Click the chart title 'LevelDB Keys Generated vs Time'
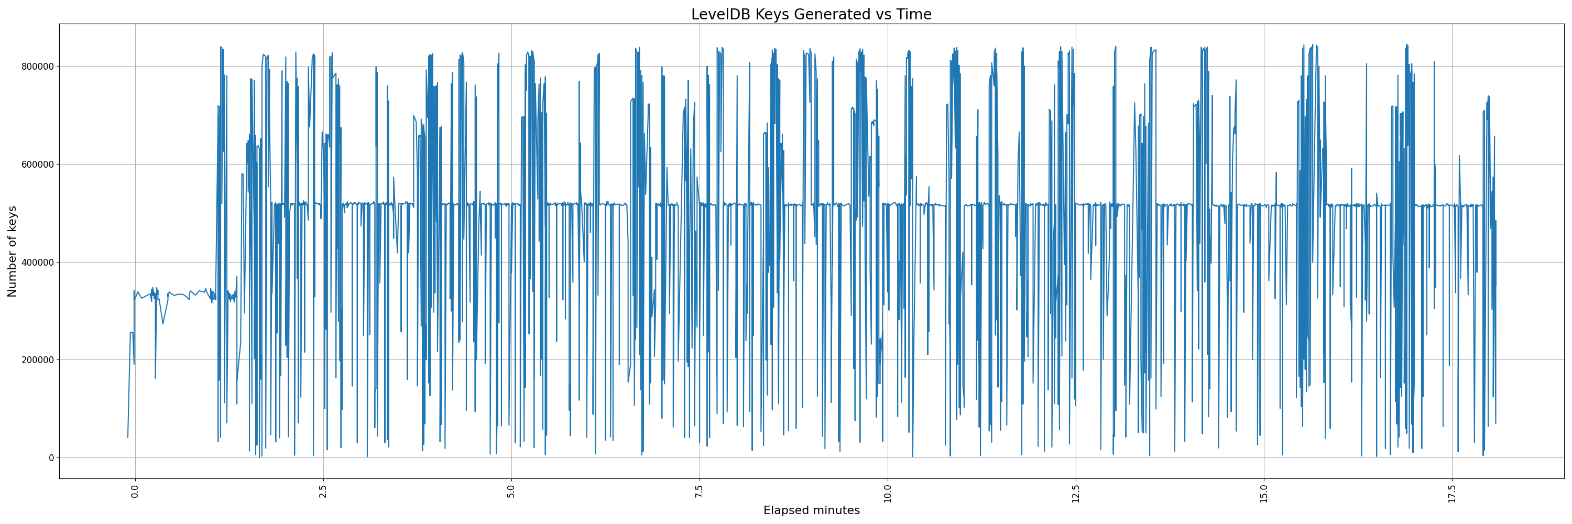pyautogui.click(x=811, y=15)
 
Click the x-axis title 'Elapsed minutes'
pyautogui.click(x=811, y=510)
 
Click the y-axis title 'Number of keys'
pyautogui.click(x=12, y=252)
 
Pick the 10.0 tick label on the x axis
pyautogui.click(x=887, y=492)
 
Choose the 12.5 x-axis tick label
pyautogui.click(x=1075, y=492)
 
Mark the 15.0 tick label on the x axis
pyautogui.click(x=1263, y=492)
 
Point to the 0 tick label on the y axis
pyautogui.click(x=51, y=458)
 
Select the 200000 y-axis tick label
pyautogui.click(x=37, y=360)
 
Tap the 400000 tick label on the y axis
pyautogui.click(x=37, y=263)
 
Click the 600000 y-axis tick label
pyautogui.click(x=37, y=165)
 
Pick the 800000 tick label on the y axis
pyautogui.click(x=37, y=67)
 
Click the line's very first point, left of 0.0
pyautogui.click(x=127, y=438)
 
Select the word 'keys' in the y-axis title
pyautogui.click(x=12, y=220)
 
